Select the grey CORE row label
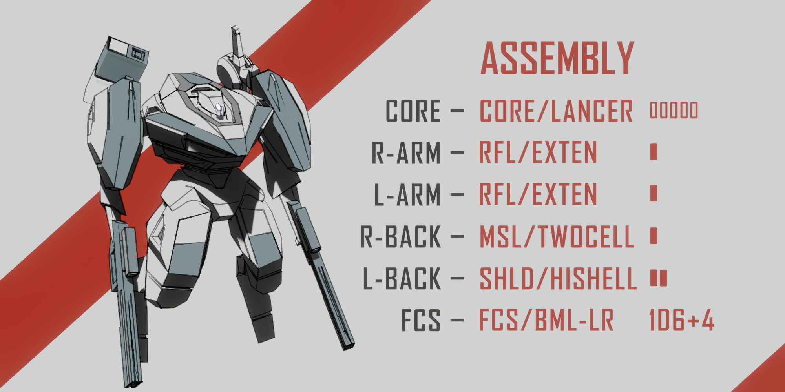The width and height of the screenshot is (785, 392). point(413,111)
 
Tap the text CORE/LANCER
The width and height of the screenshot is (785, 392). point(556,111)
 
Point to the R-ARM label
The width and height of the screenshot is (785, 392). point(406,153)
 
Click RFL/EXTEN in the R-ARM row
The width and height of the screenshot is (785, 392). point(538,153)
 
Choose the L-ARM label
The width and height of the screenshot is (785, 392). point(407,195)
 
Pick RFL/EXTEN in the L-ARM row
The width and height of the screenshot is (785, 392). point(538,195)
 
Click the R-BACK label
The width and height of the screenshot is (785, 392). point(401,237)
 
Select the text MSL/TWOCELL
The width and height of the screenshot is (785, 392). point(557,237)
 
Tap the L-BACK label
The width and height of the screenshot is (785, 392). point(402,279)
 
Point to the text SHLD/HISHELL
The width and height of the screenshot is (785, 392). point(558,279)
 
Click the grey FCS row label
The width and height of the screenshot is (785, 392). point(421,321)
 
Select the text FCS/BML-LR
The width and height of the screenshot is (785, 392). point(546,321)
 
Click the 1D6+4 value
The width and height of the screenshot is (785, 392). point(682,321)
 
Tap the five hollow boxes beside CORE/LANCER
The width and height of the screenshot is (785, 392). point(674,110)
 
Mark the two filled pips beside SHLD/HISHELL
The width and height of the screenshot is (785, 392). point(658,278)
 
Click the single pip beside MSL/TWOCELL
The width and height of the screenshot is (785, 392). point(654,236)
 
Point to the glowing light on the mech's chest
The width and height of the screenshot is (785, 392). point(219,107)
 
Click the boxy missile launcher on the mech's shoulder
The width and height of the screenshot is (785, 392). point(122,59)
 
